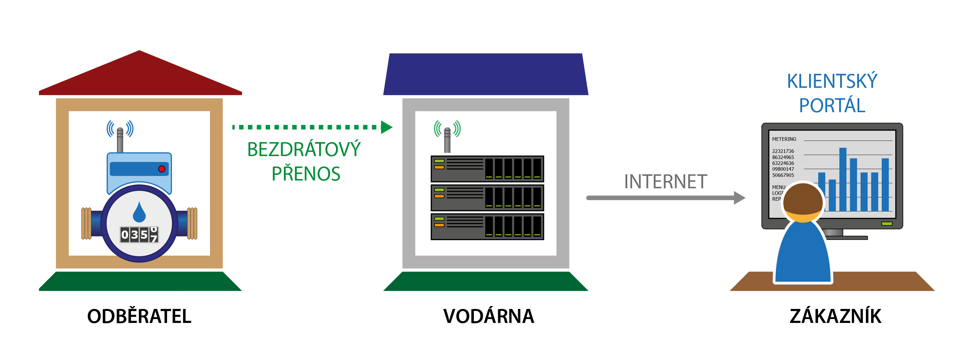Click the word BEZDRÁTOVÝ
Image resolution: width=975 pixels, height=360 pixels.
tap(304, 149)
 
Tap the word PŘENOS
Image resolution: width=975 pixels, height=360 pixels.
tap(306, 174)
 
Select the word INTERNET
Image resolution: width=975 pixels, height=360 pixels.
tap(665, 182)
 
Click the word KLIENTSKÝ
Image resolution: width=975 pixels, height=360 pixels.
tap(832, 81)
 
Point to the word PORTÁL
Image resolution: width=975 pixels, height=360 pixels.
tap(832, 105)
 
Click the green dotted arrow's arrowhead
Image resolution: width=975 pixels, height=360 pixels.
tap(386, 127)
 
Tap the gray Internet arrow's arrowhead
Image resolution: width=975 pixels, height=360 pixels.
tap(739, 198)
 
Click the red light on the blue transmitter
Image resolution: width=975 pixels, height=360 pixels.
tap(162, 169)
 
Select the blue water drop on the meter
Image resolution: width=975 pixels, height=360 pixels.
tap(139, 212)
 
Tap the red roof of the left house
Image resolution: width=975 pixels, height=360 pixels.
tap(140, 74)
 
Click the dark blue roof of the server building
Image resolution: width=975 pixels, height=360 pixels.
tap(486, 74)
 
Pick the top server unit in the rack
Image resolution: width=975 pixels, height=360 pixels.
tap(487, 169)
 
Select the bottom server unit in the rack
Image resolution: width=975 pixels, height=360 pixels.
tap(487, 227)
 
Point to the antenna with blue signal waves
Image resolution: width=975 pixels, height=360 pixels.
tap(120, 136)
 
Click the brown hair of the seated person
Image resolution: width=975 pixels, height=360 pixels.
tap(803, 199)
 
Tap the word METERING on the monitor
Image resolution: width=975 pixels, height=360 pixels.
tap(784, 139)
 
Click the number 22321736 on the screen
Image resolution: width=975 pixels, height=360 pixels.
tap(783, 151)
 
